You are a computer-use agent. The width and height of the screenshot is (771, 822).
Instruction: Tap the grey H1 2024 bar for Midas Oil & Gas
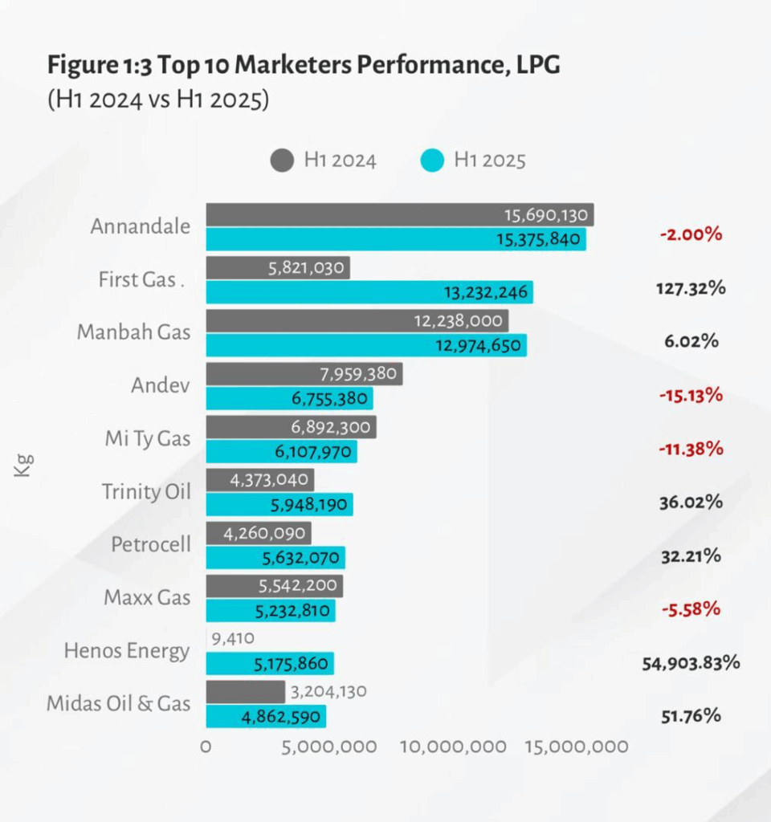[245, 692]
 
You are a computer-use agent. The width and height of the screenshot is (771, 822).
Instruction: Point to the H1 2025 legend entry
[474, 161]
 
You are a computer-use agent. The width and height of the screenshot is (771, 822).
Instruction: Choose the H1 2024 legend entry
[324, 161]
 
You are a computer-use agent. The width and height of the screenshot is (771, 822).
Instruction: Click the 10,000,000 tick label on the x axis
[453, 747]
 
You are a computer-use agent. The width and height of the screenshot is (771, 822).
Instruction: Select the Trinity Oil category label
[146, 491]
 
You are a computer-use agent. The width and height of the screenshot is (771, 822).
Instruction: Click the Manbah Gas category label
[134, 332]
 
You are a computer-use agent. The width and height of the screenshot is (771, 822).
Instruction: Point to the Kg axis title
[24, 466]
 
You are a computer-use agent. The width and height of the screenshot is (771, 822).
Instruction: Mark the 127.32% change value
[690, 288]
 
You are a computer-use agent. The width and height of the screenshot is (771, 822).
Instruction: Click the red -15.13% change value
[690, 395]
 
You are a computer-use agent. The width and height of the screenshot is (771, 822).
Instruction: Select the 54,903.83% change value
[691, 663]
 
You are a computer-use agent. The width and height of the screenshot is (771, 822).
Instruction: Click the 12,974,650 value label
[480, 346]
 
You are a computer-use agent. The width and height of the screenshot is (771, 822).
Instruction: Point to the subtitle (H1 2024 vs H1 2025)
[158, 101]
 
